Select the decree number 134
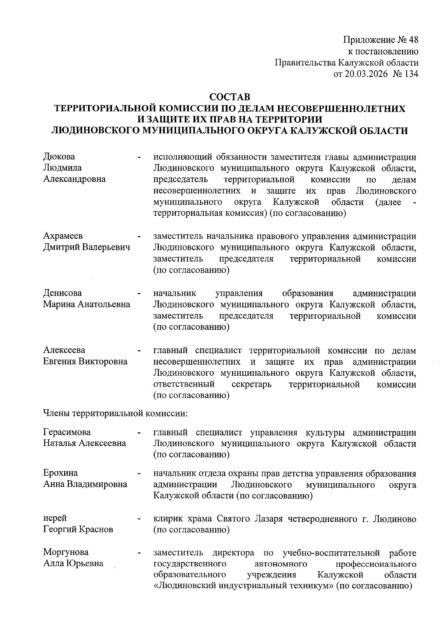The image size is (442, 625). pyautogui.click(x=411, y=74)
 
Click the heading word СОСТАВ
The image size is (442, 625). pyautogui.click(x=229, y=97)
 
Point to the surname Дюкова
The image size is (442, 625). pyautogui.click(x=59, y=157)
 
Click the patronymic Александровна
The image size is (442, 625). pyautogui.click(x=74, y=179)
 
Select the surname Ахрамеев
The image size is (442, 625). pyautogui.click(x=63, y=236)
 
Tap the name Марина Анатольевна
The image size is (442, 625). pyautogui.click(x=87, y=305)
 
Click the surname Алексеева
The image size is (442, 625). pyautogui.click(x=64, y=350)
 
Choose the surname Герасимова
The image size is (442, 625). pyautogui.click(x=67, y=432)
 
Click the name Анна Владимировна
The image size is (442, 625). pyautogui.click(x=85, y=484)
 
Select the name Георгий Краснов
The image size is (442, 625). pyautogui.click(x=78, y=530)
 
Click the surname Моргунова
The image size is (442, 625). pyautogui.click(x=66, y=552)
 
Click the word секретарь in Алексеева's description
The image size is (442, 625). pyautogui.click(x=252, y=385)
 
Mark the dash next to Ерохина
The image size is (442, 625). pyautogui.click(x=139, y=474)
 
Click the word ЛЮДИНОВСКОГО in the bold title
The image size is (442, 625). pyautogui.click(x=95, y=131)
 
